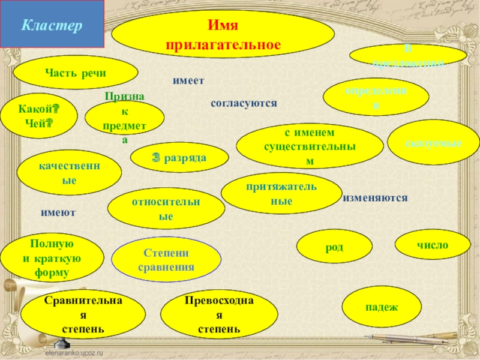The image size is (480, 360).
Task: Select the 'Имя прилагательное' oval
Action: (223, 35)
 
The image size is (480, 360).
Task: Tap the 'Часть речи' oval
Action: (76, 73)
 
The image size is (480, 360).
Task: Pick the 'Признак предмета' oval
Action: (125, 118)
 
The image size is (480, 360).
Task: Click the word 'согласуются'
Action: (244, 103)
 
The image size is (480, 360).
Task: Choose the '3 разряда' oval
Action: (179, 158)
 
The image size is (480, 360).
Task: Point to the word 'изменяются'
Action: (375, 198)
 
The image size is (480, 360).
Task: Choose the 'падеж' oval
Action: (381, 307)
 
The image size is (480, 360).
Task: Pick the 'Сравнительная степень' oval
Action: (83, 314)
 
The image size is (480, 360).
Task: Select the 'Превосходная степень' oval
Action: (220, 314)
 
